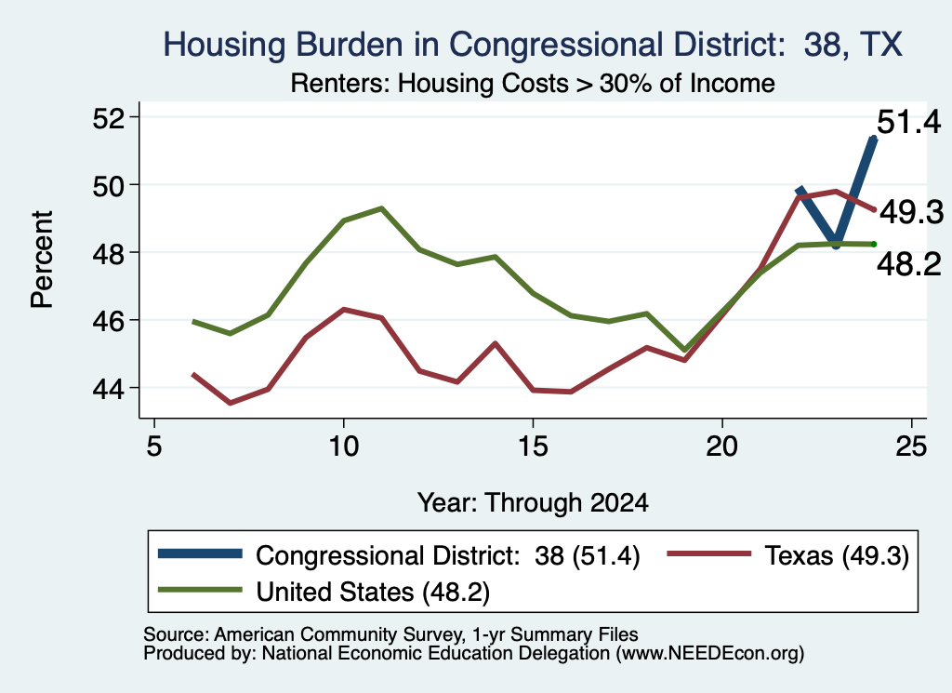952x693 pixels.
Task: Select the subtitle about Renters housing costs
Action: pyautogui.click(x=533, y=83)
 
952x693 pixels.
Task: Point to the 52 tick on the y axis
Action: pyautogui.click(x=108, y=118)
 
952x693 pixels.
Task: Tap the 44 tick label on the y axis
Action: pyautogui.click(x=108, y=389)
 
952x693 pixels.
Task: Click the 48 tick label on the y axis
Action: pyautogui.click(x=108, y=253)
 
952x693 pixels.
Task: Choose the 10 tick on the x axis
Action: pyautogui.click(x=344, y=446)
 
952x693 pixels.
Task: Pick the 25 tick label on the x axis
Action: pyautogui.click(x=911, y=446)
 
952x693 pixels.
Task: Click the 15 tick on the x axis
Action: pyautogui.click(x=533, y=446)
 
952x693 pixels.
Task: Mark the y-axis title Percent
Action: pyautogui.click(x=42, y=260)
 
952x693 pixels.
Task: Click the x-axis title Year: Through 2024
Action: pyautogui.click(x=533, y=503)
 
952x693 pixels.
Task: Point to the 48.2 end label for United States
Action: pyautogui.click(x=909, y=265)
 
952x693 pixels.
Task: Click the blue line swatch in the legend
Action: pyautogui.click(x=200, y=553)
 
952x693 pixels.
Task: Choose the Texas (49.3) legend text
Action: pyautogui.click(x=837, y=555)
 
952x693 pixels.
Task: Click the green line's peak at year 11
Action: pyautogui.click(x=381, y=208)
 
